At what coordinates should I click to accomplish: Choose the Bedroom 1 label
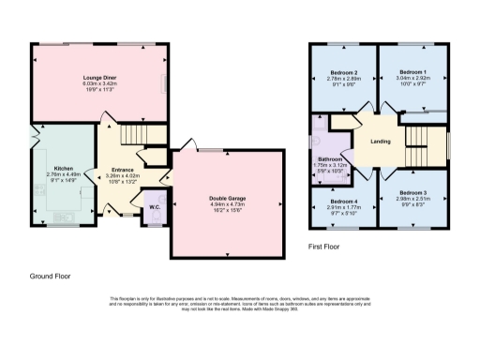coord(413,71)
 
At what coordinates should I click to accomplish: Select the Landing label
coord(381,142)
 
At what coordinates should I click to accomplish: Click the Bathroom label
coord(331,158)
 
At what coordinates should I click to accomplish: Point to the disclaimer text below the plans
coord(240,306)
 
